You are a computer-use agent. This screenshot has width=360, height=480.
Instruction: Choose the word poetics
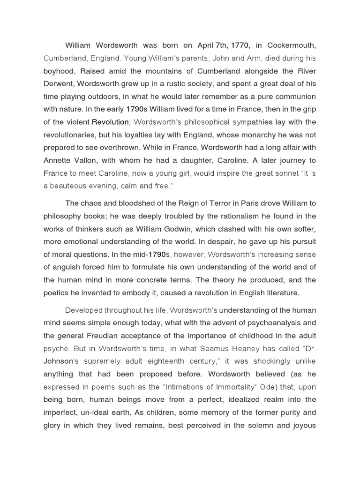pyautogui.click(x=58, y=293)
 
